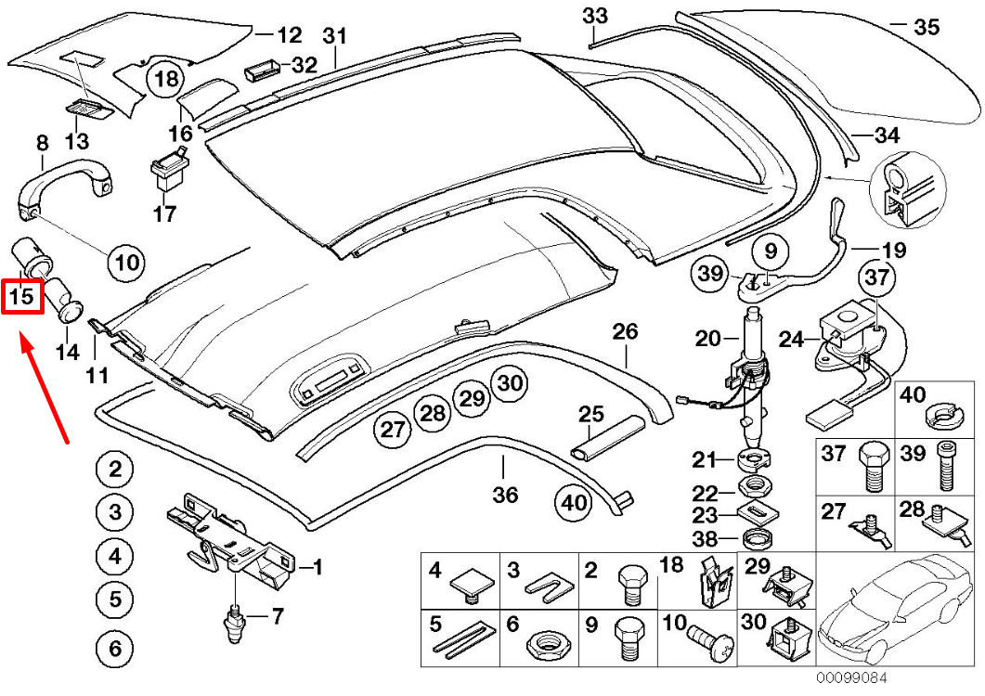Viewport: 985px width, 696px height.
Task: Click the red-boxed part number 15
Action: [x=22, y=297]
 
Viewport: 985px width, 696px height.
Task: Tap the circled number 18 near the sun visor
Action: [x=166, y=79]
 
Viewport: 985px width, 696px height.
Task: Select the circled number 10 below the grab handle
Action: [x=127, y=264]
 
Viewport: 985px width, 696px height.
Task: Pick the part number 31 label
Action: [x=334, y=37]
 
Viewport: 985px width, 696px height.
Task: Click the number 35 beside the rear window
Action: [x=926, y=27]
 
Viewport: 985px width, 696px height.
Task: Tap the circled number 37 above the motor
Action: [x=878, y=277]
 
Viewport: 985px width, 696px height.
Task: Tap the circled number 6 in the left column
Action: [x=115, y=649]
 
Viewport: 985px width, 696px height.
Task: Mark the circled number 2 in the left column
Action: [x=115, y=470]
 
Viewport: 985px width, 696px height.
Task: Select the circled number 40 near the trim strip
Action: [x=574, y=503]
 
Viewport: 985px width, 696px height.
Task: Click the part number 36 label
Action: [x=505, y=495]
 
